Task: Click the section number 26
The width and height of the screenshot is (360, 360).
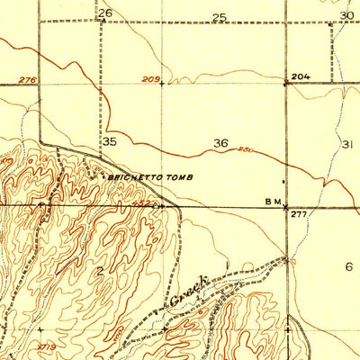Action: tap(105, 13)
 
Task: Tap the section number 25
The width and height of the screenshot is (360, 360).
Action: tap(219, 17)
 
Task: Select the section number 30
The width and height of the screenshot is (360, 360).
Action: tap(347, 15)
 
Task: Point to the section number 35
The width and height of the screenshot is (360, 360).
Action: tap(110, 142)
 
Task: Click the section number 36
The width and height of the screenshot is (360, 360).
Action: tap(220, 142)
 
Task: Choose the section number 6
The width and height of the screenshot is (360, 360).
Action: tap(348, 266)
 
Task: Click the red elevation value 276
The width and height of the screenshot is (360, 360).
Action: tap(28, 81)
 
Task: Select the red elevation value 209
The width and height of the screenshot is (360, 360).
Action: tap(149, 81)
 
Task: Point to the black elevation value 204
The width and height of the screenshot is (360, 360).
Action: tap(301, 77)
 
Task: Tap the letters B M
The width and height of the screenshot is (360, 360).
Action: tap(273, 201)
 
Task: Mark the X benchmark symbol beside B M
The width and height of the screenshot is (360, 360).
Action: tap(287, 206)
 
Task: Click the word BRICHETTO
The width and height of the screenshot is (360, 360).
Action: tap(135, 177)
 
